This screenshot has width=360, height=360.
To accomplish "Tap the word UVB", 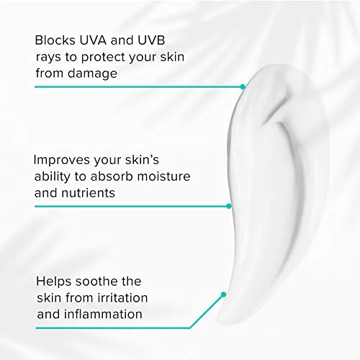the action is point(151,40).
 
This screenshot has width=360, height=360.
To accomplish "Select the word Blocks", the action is point(55,40).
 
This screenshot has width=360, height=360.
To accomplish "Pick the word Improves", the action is point(62,161).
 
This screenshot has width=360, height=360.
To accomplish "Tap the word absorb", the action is point(112,176).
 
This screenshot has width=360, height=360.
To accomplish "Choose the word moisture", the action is point(164,176).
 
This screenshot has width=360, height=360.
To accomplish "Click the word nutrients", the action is point(88,193).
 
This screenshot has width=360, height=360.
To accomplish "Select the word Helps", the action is point(54,282).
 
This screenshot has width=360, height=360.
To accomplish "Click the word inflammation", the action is point(103,314).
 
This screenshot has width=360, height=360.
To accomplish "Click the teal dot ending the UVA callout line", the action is point(243,86).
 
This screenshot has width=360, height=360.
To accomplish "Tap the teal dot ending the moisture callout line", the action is point(229,206).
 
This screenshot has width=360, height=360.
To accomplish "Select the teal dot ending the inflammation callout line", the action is point(223,294).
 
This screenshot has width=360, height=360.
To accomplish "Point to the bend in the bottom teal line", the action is point(190,328).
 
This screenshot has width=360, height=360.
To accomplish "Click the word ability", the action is point(52,177).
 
